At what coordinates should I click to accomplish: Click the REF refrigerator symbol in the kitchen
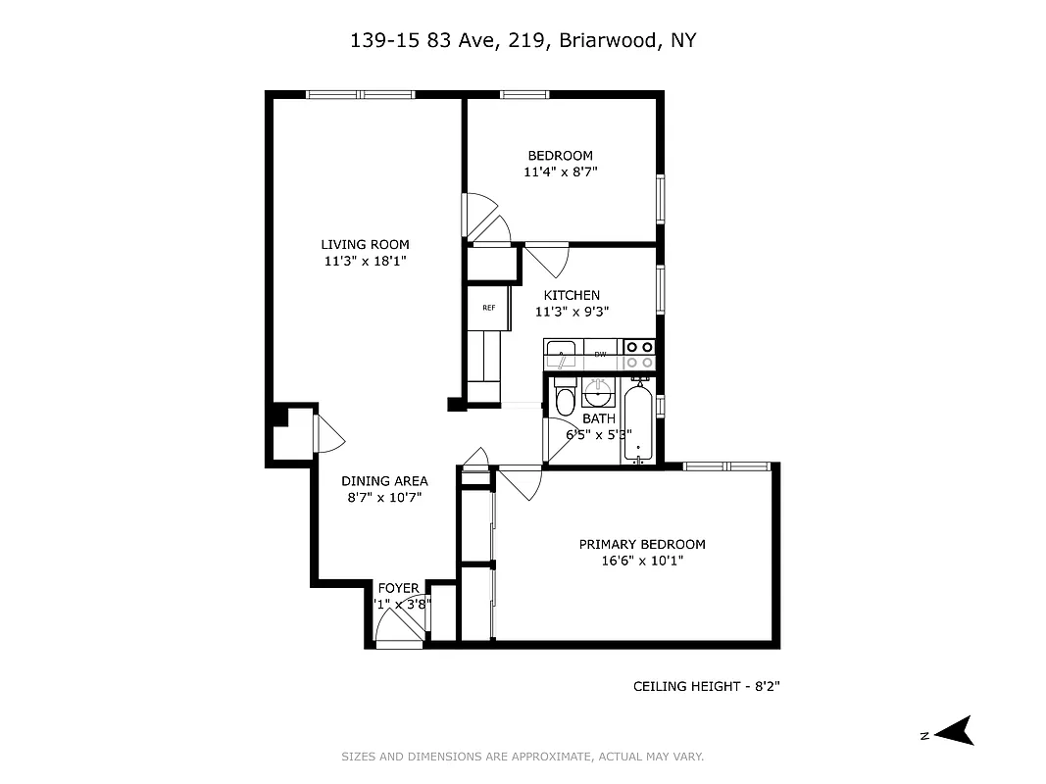(x=488, y=308)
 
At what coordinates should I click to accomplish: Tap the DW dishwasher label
(x=600, y=354)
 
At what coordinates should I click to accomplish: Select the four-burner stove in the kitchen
(x=639, y=354)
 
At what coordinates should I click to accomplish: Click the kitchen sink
(x=562, y=353)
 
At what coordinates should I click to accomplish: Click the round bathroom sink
(x=596, y=394)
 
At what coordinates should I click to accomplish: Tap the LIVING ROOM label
(x=365, y=245)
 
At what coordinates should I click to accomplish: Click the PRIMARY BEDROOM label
(x=641, y=545)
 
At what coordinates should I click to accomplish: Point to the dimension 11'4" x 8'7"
(x=561, y=171)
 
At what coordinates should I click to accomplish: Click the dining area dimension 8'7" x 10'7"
(x=384, y=497)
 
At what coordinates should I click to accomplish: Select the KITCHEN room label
(x=572, y=295)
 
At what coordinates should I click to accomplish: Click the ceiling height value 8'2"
(x=765, y=687)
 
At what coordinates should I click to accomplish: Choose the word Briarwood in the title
(x=607, y=40)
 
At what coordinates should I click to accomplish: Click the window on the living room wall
(x=360, y=94)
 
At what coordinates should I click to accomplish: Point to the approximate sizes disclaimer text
(x=523, y=757)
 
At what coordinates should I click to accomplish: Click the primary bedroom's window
(x=725, y=465)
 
